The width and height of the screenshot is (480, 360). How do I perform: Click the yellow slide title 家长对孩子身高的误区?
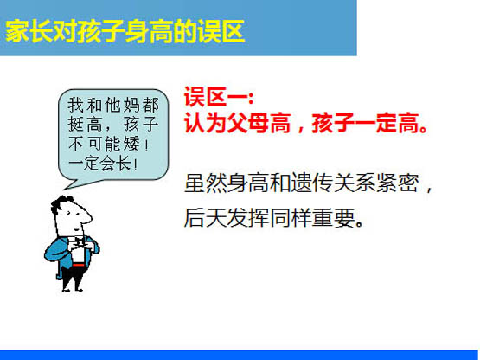click(x=125, y=31)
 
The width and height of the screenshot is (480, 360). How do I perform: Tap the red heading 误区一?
click(x=219, y=97)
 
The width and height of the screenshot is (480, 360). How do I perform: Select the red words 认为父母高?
click(x=237, y=123)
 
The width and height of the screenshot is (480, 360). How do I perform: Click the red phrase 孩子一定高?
click(x=365, y=123)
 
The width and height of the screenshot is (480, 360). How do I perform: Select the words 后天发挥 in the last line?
click(x=227, y=217)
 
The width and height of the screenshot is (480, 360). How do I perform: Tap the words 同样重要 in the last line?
click(x=312, y=217)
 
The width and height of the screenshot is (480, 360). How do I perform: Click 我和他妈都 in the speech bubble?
click(x=113, y=105)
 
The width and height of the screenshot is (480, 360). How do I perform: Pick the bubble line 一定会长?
click(x=103, y=164)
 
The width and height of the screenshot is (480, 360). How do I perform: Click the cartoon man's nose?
click(x=86, y=217)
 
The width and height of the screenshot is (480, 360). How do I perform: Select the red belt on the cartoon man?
click(x=78, y=265)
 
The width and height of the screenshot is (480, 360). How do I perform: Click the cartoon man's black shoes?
click(x=73, y=289)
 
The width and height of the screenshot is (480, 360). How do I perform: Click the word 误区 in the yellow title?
click(x=221, y=31)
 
